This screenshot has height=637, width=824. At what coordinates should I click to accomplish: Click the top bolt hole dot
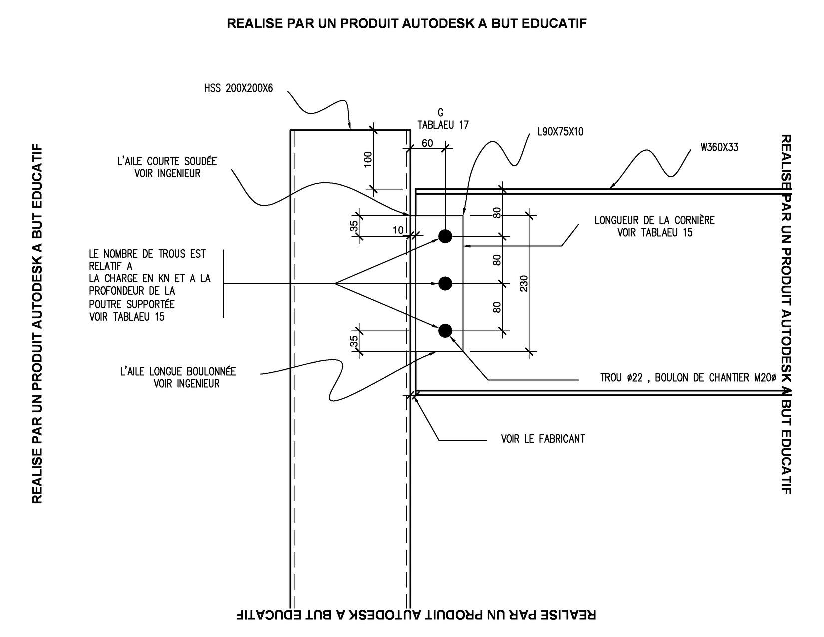445,236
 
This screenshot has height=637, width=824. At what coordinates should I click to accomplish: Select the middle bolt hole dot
445,284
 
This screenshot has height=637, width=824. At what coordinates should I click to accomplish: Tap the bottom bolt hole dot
445,331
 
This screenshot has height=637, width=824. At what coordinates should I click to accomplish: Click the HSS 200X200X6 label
238,90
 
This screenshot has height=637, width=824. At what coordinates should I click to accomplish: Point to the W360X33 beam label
719,147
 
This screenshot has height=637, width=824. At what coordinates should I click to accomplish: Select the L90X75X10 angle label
560,132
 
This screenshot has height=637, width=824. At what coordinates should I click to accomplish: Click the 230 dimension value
524,284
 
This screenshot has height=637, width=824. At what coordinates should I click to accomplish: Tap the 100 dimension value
368,159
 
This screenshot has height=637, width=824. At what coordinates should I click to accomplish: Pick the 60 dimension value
427,144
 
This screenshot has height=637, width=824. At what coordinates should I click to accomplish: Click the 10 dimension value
398,230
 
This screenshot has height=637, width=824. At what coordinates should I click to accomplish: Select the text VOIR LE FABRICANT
543,439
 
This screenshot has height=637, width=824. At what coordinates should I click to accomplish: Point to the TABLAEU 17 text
443,125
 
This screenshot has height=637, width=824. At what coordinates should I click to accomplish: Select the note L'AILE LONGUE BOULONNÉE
178,372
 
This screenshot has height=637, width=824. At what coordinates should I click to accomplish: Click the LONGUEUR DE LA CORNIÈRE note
654,220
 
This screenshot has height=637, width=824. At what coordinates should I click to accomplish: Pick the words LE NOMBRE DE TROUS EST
147,254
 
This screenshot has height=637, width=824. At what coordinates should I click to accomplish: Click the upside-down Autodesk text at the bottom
416,614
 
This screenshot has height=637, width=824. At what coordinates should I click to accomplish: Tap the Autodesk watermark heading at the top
407,23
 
